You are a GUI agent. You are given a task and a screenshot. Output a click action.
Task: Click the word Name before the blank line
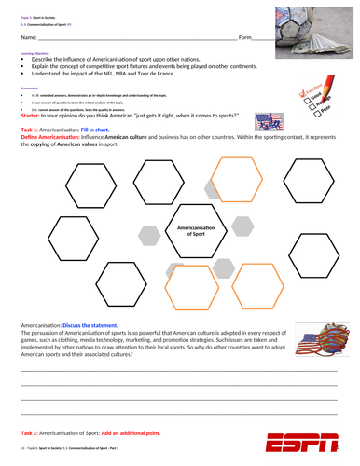(28, 37)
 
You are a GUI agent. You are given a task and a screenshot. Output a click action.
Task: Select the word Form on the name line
(245, 37)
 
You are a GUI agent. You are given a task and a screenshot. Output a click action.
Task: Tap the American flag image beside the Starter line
(280, 120)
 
